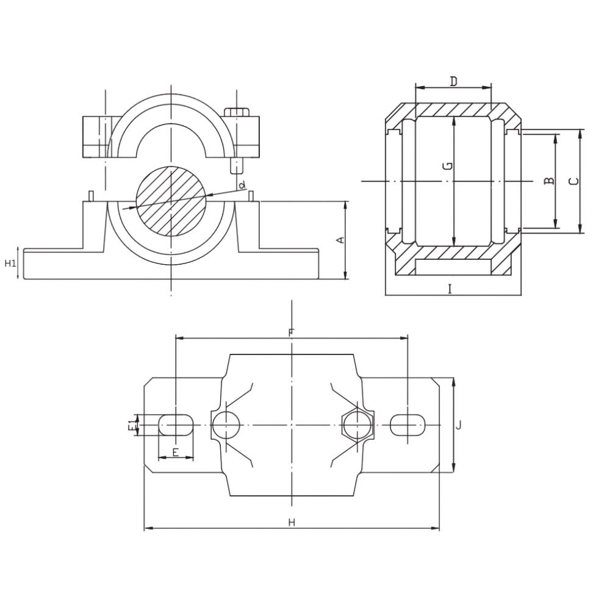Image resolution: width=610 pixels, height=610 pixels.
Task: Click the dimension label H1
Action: (x=10, y=264)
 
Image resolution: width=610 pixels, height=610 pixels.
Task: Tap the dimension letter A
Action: (x=340, y=240)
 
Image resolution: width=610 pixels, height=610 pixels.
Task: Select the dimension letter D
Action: (x=454, y=81)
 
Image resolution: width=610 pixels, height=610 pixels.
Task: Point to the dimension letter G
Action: (x=448, y=167)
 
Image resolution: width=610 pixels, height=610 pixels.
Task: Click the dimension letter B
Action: (x=548, y=181)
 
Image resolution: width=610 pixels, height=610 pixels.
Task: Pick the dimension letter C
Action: (x=574, y=181)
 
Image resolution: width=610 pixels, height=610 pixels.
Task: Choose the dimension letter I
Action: (x=450, y=289)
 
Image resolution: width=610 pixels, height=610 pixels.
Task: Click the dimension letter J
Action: (x=459, y=425)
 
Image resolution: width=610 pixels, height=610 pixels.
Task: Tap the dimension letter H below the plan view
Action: (x=292, y=522)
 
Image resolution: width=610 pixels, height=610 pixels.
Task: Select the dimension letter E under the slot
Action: (x=176, y=452)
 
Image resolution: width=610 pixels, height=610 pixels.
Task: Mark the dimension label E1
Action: (x=132, y=425)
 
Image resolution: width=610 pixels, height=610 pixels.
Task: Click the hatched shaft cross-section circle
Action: (x=171, y=201)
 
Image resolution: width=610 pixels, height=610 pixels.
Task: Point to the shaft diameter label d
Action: (x=242, y=185)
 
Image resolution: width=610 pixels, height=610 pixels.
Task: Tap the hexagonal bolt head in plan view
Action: (x=357, y=425)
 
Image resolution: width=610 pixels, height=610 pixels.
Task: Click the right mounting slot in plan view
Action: (x=407, y=425)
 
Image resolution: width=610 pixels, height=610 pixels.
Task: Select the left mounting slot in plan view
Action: (x=176, y=425)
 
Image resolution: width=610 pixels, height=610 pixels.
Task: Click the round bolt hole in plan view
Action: (x=226, y=425)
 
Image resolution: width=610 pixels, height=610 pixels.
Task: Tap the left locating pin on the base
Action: (x=91, y=196)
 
